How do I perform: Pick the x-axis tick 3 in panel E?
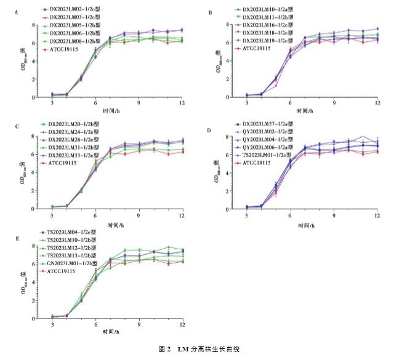click(52, 324)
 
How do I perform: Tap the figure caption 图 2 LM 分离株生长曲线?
click(201, 348)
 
